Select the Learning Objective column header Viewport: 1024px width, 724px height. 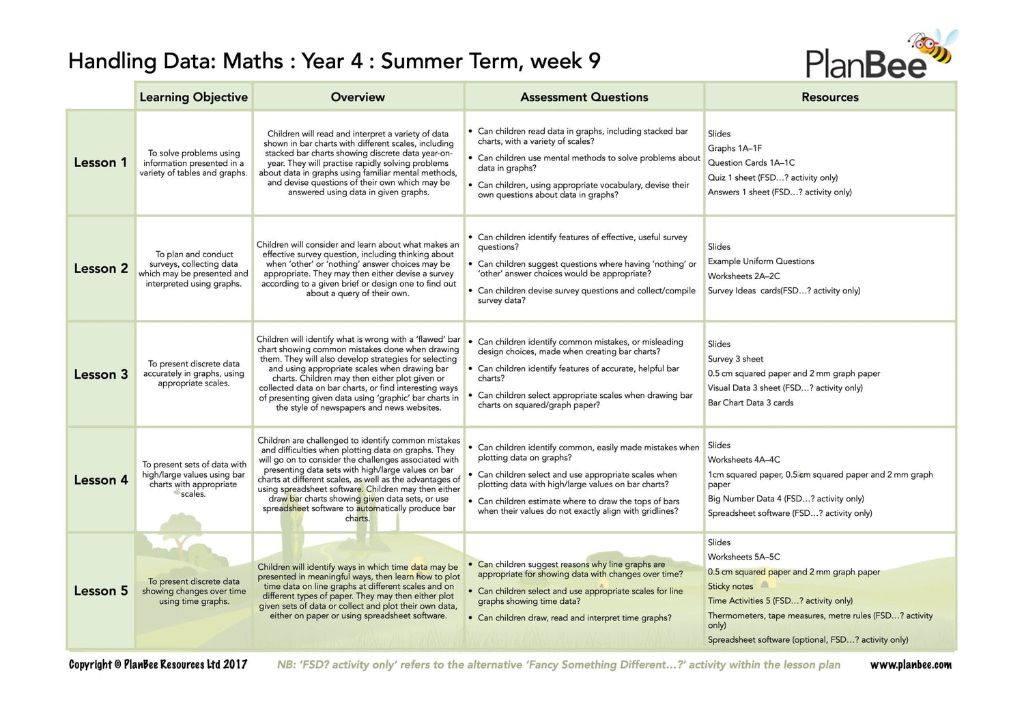pos(193,97)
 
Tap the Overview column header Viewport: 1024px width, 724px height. pos(358,97)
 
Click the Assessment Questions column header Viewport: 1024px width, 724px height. pos(584,97)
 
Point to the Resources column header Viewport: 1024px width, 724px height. pos(830,97)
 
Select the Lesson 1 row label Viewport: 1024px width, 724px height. pos(100,162)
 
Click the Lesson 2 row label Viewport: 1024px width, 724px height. pos(100,268)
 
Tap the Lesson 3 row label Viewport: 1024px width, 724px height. pos(100,375)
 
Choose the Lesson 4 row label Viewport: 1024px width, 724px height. pos(100,480)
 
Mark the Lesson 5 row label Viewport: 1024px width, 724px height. pos(100,591)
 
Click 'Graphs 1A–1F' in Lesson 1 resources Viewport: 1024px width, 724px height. pos(735,148)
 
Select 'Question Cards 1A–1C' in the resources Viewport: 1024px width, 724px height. pos(751,162)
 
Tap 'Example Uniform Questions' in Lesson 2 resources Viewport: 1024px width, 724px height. pos(760,261)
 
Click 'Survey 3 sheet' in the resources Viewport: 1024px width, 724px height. pos(735,359)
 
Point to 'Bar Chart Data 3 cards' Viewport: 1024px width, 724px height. pos(750,403)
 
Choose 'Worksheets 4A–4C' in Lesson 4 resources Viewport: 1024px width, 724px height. pos(743,460)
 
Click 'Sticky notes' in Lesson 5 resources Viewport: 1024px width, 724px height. pos(730,586)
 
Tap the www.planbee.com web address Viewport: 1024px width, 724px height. pos(911,665)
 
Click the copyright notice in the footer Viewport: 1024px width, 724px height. pos(158,665)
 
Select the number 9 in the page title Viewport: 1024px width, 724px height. pos(594,61)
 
